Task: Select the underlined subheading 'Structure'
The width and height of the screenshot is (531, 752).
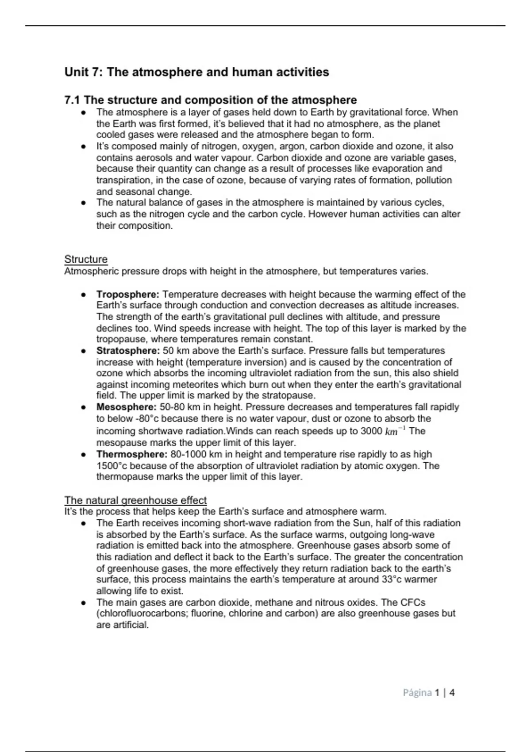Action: click(x=86, y=259)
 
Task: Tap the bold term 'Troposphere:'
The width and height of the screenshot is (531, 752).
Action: click(x=128, y=294)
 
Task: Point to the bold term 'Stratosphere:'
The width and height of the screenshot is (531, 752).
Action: click(x=128, y=351)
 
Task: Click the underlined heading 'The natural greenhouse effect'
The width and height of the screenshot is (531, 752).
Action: click(x=135, y=500)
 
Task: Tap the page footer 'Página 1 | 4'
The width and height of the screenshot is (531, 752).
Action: click(x=428, y=693)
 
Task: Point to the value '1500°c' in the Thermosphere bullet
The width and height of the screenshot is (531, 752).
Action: click(x=112, y=466)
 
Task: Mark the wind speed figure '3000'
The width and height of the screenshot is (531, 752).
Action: click(x=371, y=431)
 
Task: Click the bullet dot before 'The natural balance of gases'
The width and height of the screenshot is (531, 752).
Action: click(x=83, y=203)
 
